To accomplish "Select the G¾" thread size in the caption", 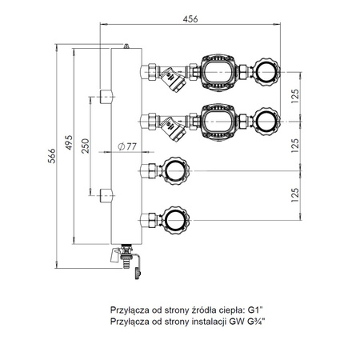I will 257,320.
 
